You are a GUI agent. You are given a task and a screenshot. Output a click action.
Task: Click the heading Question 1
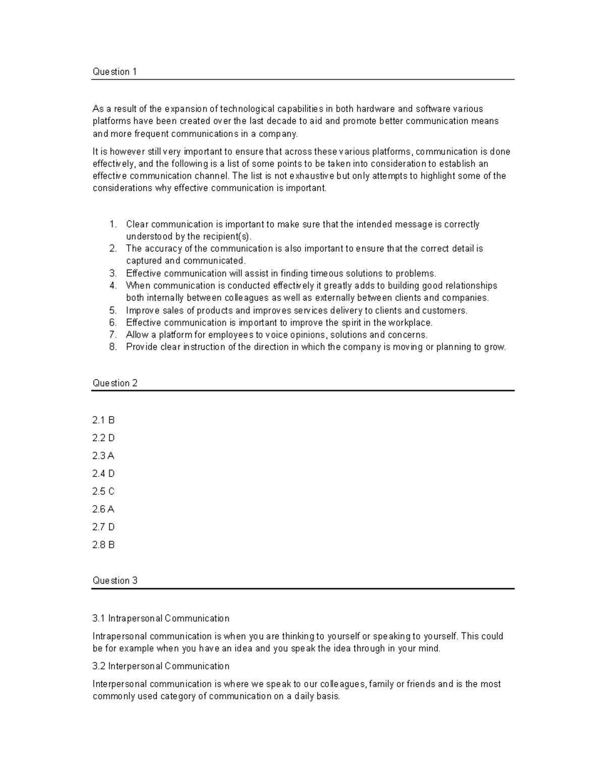[115, 72]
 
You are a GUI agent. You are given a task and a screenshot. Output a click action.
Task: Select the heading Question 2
[115, 383]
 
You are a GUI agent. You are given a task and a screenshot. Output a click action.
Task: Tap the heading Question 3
[115, 581]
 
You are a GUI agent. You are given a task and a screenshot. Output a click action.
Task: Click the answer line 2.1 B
[104, 420]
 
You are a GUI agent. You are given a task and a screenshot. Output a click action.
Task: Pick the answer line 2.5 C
[104, 491]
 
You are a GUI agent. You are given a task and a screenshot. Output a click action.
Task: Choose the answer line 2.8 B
[104, 545]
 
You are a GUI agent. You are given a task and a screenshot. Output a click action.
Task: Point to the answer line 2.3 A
[104, 456]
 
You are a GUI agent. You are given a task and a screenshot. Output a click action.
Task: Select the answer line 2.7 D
[104, 527]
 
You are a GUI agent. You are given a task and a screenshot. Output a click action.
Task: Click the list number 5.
[113, 310]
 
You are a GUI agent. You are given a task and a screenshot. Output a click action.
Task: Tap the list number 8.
[113, 347]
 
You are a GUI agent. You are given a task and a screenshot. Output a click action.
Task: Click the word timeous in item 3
[327, 274]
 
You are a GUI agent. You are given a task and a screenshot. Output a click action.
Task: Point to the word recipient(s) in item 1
[226, 237]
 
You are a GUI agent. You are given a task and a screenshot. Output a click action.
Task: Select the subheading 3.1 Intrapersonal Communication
[161, 618]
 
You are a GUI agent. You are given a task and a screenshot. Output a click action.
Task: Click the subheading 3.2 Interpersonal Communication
[161, 666]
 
